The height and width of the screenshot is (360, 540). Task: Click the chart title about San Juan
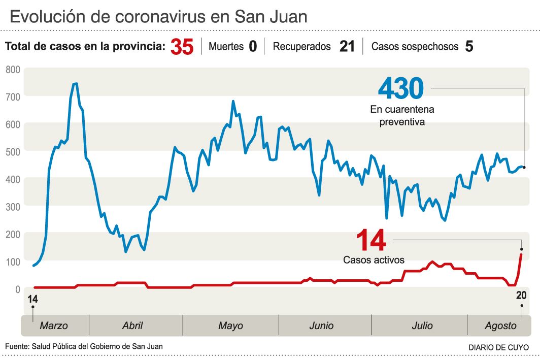tap(158, 17)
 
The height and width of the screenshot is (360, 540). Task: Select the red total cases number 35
tap(182, 47)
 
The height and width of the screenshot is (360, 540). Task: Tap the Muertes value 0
tap(253, 47)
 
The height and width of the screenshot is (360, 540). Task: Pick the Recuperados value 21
tap(347, 47)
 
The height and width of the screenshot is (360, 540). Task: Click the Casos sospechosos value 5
tap(469, 47)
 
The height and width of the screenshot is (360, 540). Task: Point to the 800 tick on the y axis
tap(13, 70)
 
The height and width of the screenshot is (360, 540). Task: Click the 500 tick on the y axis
tap(13, 152)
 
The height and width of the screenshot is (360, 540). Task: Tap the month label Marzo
tap(54, 325)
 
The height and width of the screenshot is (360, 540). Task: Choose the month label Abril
tap(132, 325)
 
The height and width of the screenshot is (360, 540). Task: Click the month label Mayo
tap(230, 325)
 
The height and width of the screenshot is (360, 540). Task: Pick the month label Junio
tap(321, 325)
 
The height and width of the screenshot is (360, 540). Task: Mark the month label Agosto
tap(500, 325)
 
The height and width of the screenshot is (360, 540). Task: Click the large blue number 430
tap(401, 88)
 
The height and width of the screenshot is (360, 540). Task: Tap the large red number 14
tap(371, 240)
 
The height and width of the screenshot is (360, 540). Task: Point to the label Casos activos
tap(374, 260)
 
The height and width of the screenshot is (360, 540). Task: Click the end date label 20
tap(521, 296)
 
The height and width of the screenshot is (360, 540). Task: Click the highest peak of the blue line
tap(75, 84)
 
